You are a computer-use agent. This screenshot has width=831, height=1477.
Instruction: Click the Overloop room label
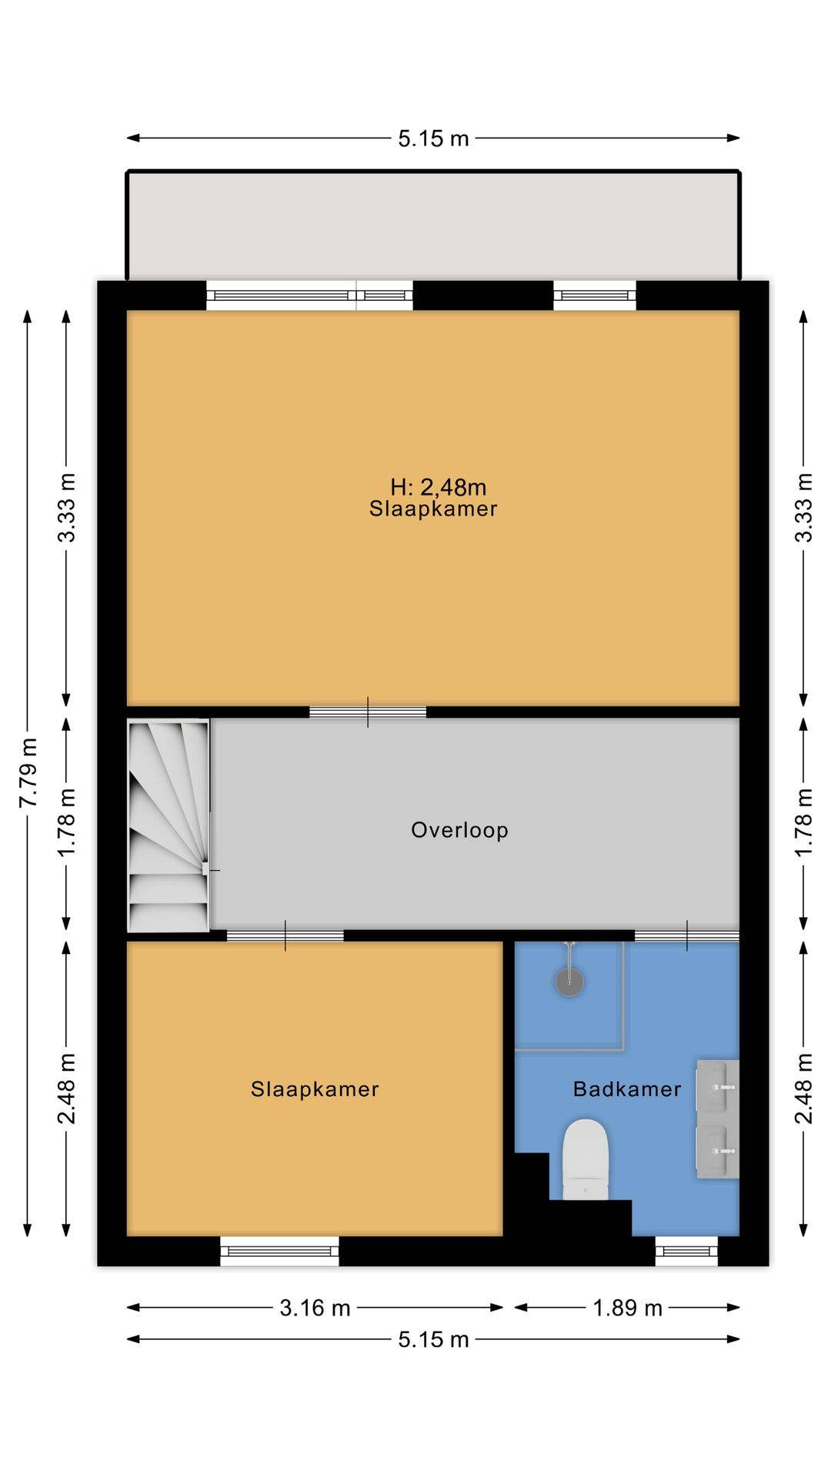point(459,830)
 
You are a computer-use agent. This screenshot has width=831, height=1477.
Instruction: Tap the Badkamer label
point(627,1089)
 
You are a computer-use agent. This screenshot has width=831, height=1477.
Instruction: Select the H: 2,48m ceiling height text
point(438,487)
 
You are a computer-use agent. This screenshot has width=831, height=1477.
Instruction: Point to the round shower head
point(569,982)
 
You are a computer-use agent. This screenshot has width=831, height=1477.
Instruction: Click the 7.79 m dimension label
point(28,772)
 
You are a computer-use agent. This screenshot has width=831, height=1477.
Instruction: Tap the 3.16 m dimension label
point(315,1308)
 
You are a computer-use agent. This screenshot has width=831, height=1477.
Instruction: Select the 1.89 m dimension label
point(627,1308)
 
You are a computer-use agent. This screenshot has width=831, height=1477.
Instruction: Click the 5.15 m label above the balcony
point(433,138)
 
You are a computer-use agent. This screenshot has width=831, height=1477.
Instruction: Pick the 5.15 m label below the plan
point(433,1339)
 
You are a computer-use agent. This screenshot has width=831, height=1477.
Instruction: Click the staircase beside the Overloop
point(169,826)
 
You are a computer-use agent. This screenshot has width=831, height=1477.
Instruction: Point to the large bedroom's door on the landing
point(368,712)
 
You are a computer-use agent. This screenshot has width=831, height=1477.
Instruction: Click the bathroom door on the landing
point(686,935)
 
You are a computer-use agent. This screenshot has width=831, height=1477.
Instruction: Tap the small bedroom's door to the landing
point(285,935)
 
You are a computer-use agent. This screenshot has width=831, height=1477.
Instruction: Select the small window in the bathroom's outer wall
point(686,1251)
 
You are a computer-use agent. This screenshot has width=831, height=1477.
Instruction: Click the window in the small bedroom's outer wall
point(279,1251)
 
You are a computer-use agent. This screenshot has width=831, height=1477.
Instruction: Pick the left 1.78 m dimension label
point(67,822)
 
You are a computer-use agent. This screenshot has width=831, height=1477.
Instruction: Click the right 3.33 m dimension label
point(803,508)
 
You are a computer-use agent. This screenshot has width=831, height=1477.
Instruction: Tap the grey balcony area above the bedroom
point(433,225)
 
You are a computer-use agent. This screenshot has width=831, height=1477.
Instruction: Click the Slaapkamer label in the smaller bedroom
point(315,1089)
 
